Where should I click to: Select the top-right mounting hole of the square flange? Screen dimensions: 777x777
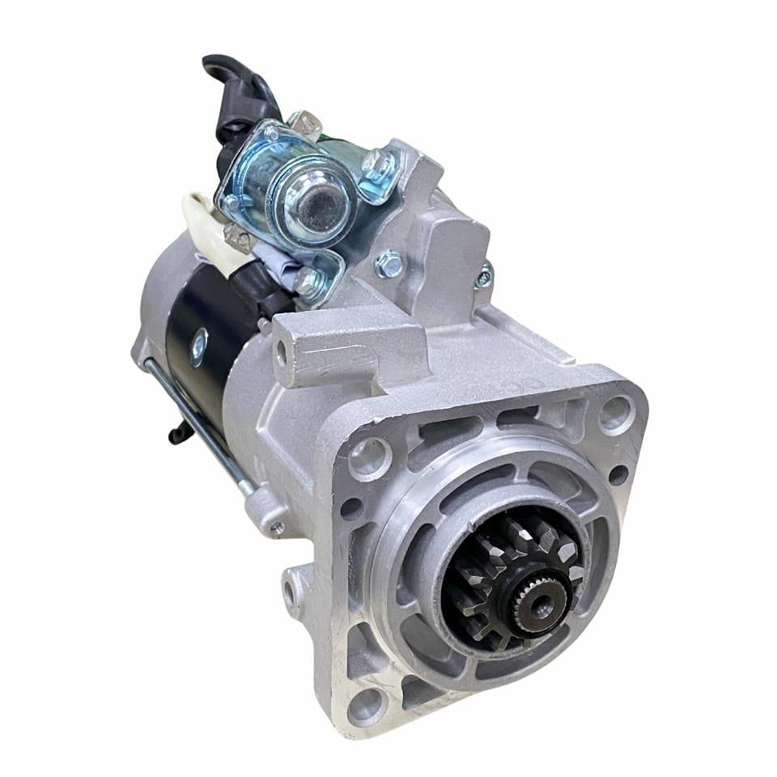point(617,412)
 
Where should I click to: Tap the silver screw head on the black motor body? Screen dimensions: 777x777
point(197,347)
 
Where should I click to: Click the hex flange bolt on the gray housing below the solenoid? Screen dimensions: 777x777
point(389,262)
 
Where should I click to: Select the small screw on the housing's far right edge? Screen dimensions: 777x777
point(484,277)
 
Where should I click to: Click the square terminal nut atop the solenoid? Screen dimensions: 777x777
point(306,123)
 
